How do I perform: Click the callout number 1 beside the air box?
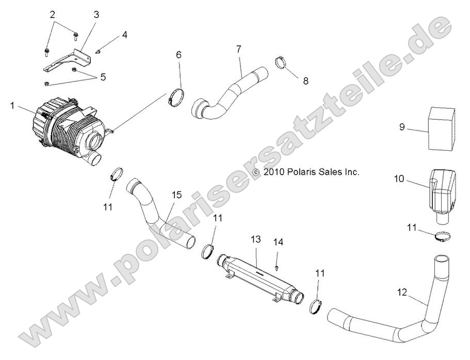(x=12, y=105)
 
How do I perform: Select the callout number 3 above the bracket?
(x=96, y=14)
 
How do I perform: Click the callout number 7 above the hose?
(x=238, y=50)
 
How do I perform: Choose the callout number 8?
(x=305, y=80)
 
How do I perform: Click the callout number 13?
(x=256, y=239)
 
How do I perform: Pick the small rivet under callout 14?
(x=278, y=268)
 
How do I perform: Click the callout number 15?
(x=176, y=195)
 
